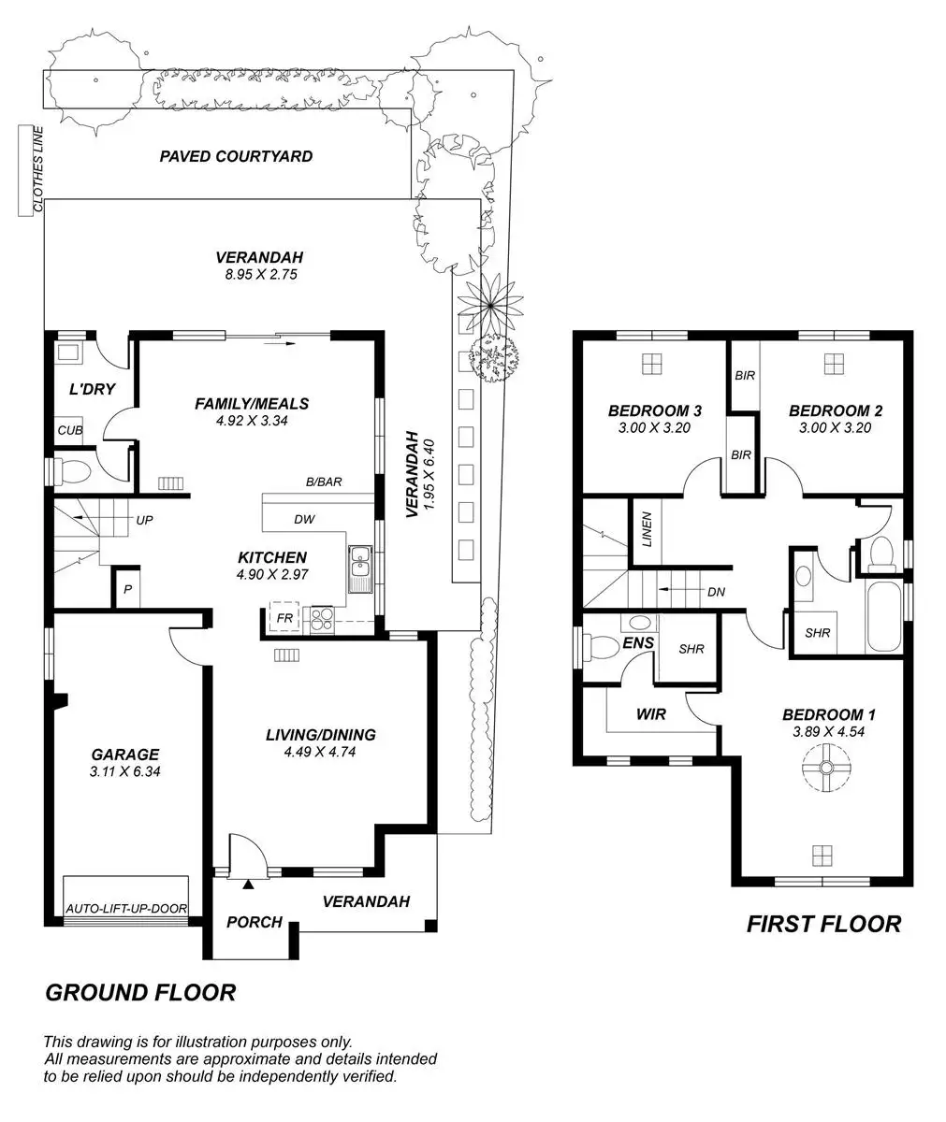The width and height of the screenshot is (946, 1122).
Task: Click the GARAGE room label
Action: point(124,755)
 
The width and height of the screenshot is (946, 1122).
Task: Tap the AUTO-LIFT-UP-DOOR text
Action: point(126,908)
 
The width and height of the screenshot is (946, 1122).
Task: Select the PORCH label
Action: point(255,922)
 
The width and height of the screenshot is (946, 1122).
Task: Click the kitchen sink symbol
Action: point(360,568)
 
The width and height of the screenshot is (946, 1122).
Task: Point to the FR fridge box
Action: point(282,617)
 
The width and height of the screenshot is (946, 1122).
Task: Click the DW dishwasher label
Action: point(304,519)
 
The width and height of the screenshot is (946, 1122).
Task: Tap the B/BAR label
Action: point(325,482)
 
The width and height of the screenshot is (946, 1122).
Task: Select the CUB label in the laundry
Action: point(70,431)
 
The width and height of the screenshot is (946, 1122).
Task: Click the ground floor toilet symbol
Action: point(71,470)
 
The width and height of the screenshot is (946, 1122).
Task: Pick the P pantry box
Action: point(127,589)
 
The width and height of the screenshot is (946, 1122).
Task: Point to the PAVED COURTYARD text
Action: point(236,156)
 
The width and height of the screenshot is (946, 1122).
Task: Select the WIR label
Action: point(650,714)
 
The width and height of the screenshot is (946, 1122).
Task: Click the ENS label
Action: point(638,643)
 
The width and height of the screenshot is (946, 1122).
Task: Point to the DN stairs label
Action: point(716,592)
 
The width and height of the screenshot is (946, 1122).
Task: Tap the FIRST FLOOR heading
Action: point(823,924)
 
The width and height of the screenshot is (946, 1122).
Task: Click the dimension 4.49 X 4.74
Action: point(320,751)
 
